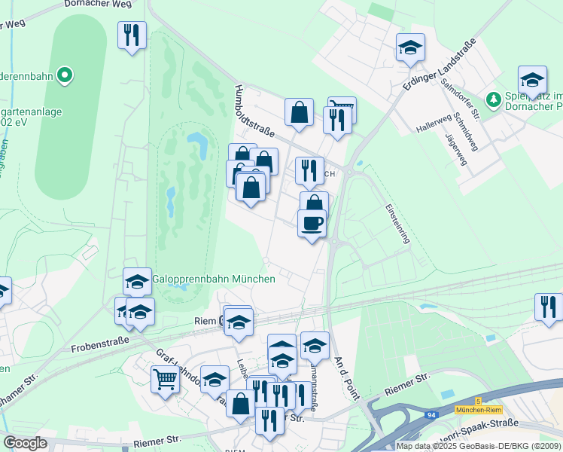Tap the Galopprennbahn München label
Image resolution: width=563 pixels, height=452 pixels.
tap(214, 279)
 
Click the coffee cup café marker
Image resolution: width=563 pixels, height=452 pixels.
tap(312, 224)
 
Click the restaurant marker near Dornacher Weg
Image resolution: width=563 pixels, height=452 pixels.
tap(132, 35)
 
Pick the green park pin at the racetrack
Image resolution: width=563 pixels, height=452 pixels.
tap(65, 75)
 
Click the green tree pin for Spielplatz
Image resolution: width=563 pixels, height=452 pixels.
tap(493, 98)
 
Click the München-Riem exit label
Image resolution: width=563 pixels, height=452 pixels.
tap(479, 409)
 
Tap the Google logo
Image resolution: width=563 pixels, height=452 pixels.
tap(25, 443)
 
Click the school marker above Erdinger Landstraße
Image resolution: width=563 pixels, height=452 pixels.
tap(410, 47)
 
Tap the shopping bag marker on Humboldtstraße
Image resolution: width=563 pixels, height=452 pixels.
tap(299, 112)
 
